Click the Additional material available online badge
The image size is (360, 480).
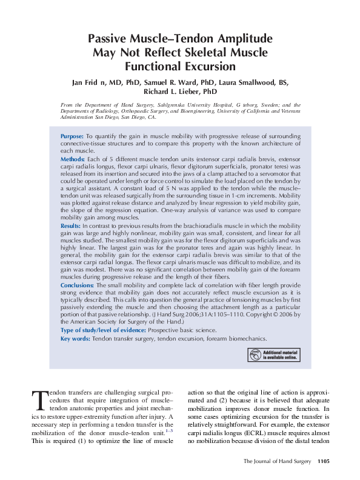click(x=273, y=355)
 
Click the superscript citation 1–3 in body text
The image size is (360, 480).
click(x=168, y=430)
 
